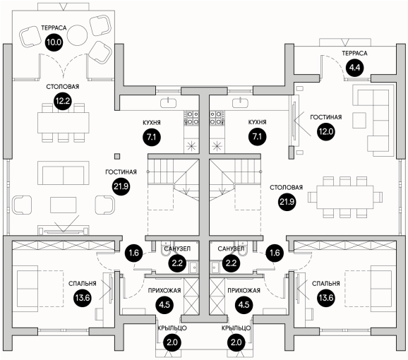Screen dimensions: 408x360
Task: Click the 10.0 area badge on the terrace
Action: click(54, 42)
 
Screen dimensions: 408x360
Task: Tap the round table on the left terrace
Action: click(77, 35)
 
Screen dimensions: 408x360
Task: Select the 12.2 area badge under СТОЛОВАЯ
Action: click(63, 101)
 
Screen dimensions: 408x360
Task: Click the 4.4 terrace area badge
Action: click(354, 68)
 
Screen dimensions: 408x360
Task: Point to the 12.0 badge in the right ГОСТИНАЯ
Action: click(326, 131)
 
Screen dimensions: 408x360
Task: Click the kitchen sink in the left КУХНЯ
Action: click(168, 102)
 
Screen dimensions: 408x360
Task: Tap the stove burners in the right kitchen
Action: click(217, 118)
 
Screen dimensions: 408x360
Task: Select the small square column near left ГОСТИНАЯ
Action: click(118, 156)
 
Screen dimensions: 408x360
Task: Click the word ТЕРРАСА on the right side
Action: click(354, 54)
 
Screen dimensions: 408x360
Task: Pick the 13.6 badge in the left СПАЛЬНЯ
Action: click(83, 298)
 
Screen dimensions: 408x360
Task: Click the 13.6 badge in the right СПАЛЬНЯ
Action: click(326, 298)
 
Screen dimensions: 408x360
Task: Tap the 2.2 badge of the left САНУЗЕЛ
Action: click(177, 263)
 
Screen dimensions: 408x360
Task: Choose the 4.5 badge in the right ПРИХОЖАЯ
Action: click(244, 305)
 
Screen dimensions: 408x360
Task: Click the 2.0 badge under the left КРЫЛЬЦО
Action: click(172, 342)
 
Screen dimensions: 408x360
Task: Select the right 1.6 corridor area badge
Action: click(275, 253)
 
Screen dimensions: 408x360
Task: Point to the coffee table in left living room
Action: click(64, 205)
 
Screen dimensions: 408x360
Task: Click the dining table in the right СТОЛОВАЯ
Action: click(345, 197)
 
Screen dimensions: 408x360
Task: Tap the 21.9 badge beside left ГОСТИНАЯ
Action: click(121, 186)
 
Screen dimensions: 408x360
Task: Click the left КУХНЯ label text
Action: click(152, 123)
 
